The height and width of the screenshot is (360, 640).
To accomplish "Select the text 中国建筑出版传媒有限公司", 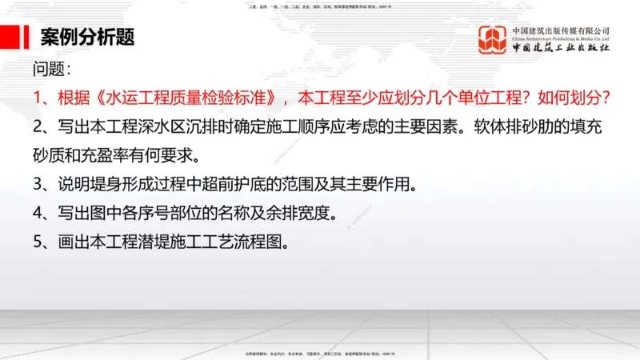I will point(561,30).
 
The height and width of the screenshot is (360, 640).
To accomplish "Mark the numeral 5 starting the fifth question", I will point(38,242).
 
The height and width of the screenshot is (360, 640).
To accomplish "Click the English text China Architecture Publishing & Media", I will point(561,38).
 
